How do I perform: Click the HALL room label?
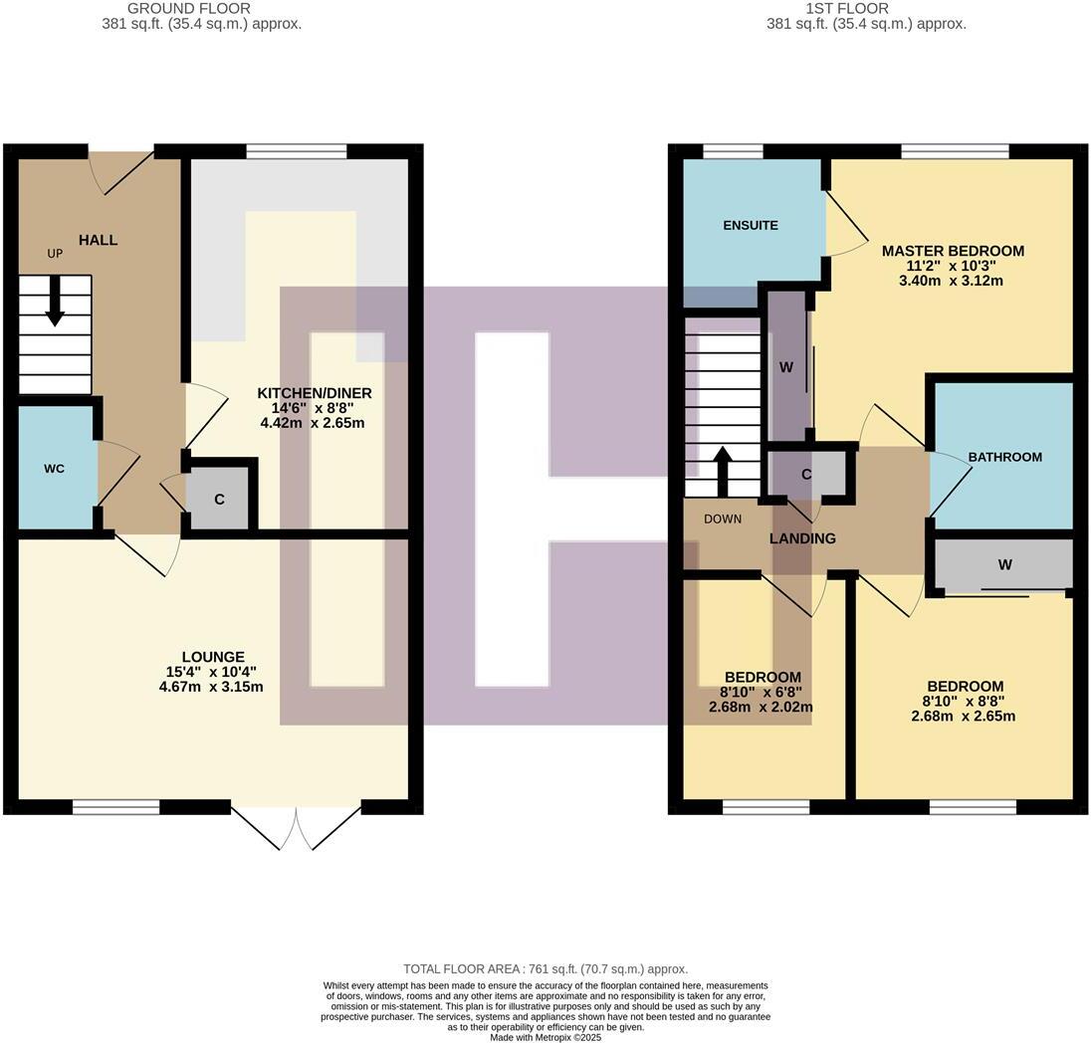pyautogui.click(x=99, y=240)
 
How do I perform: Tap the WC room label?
pyautogui.click(x=54, y=468)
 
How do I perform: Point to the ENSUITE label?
pyautogui.click(x=751, y=225)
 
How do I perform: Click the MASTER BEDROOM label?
pyautogui.click(x=953, y=251)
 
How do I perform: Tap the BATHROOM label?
pyautogui.click(x=1004, y=457)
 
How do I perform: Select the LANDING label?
pyautogui.click(x=802, y=538)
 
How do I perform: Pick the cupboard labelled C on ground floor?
pyautogui.click(x=219, y=497)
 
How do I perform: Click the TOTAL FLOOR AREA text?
pyautogui.click(x=545, y=968)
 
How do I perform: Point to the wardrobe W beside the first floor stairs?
pyautogui.click(x=786, y=367)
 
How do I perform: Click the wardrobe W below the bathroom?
pyautogui.click(x=1005, y=565)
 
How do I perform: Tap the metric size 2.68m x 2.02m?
pyautogui.click(x=761, y=708)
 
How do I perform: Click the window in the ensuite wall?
pyautogui.click(x=733, y=151)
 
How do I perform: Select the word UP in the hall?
pyautogui.click(x=55, y=254)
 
